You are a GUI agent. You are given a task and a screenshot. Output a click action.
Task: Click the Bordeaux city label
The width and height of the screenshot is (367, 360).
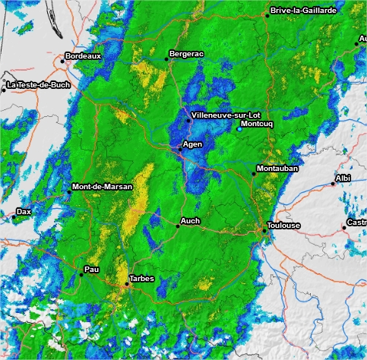(84, 56)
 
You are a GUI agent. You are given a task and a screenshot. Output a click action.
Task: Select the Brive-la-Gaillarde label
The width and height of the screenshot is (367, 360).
(304, 11)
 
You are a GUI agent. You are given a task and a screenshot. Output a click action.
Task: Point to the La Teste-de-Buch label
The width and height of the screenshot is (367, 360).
(39, 86)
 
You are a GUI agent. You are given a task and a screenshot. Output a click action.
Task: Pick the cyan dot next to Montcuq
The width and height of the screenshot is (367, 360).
(239, 129)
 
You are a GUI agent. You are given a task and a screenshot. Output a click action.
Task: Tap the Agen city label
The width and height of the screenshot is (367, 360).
(193, 144)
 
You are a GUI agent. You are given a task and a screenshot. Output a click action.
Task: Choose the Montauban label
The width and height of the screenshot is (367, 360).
(277, 168)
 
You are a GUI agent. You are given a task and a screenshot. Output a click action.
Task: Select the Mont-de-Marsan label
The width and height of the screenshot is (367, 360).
(102, 187)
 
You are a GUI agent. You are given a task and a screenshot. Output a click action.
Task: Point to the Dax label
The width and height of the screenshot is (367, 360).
(24, 212)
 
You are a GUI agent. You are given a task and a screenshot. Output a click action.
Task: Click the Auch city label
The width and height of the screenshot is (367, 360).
(189, 222)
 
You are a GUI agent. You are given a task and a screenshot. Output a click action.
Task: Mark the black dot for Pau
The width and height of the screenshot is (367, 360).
(81, 274)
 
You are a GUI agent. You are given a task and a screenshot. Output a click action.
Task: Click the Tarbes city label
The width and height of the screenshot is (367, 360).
(142, 279)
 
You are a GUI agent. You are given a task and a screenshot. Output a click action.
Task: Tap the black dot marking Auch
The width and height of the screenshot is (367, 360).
(177, 226)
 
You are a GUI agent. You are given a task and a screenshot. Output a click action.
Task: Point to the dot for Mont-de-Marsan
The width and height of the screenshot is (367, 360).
(68, 191)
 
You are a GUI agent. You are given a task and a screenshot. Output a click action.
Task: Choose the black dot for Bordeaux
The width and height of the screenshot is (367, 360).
(63, 62)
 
